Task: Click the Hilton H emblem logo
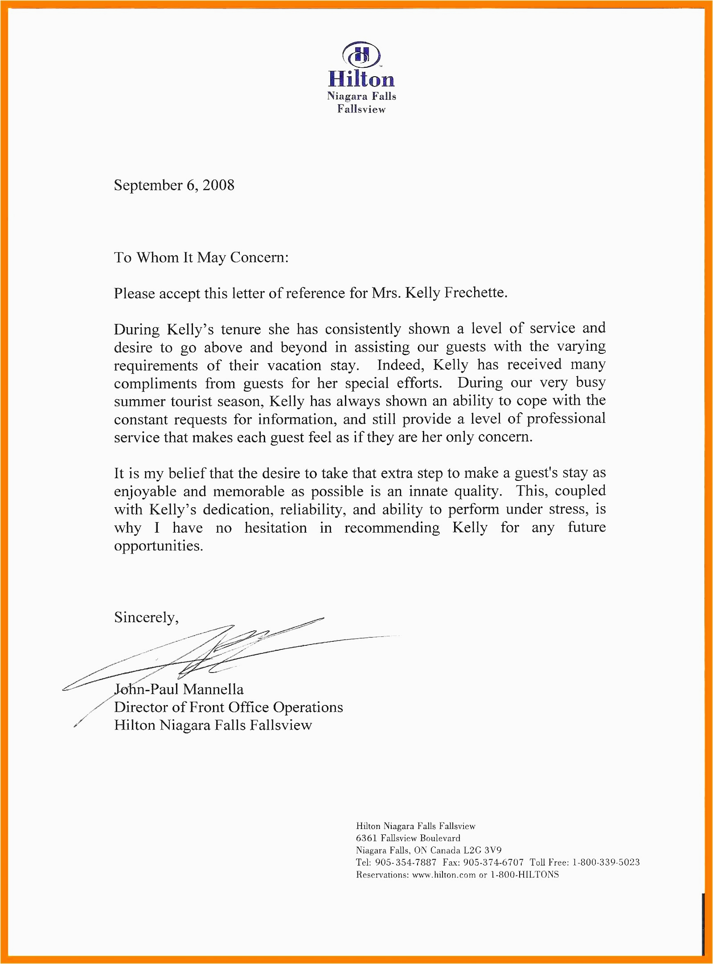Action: point(361,55)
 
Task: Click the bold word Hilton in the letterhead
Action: point(361,79)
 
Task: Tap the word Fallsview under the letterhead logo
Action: point(361,109)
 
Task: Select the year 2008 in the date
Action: point(218,185)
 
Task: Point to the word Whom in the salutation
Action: point(158,258)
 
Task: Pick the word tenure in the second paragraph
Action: point(241,329)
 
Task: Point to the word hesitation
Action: point(275,528)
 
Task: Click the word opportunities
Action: point(158,546)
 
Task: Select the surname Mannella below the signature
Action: point(213,689)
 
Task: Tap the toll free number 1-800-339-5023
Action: point(606,862)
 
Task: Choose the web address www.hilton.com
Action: point(444,875)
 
